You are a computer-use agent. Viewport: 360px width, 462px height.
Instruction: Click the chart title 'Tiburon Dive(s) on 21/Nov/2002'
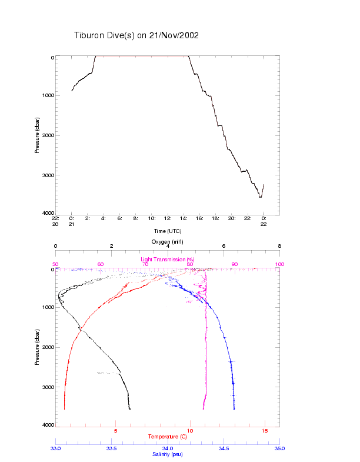pos(136,35)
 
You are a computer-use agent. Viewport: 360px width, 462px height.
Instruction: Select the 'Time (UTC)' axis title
pos(168,231)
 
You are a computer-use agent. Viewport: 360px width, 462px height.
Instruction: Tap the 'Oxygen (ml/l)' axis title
pos(168,241)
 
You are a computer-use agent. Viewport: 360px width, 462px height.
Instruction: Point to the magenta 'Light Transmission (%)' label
pos(168,259)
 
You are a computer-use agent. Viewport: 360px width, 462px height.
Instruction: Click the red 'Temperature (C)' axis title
pos(168,437)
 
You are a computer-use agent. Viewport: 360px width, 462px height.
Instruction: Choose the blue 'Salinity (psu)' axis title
pos(168,454)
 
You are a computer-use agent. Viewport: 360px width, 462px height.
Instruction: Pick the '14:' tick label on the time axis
pos(184,218)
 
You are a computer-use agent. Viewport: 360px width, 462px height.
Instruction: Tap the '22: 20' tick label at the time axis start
pos(55,221)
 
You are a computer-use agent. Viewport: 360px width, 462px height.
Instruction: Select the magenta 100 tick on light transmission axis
pos(279,264)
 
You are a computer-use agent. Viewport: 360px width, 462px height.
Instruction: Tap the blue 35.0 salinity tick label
pos(279,448)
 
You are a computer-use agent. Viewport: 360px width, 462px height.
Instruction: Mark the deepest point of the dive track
pos(261,197)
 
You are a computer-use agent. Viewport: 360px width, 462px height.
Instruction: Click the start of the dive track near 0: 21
pos(72,91)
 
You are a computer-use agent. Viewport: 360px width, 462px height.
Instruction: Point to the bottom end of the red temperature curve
pos(65,408)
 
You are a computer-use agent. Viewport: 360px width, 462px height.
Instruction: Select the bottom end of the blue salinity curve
pos(234,408)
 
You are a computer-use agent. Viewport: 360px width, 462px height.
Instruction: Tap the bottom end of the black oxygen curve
pos(130,408)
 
